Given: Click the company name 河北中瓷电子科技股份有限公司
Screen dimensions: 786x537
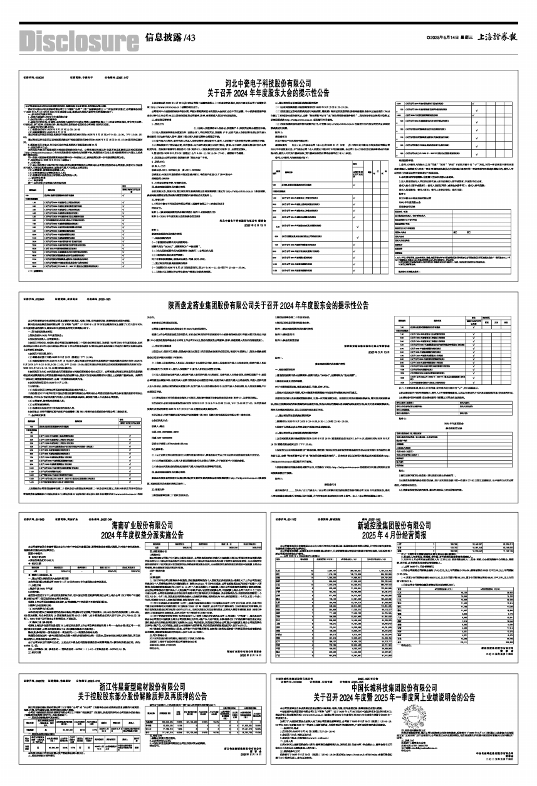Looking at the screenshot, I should pos(268,82).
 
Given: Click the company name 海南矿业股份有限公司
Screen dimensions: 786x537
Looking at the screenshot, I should pos(143,522).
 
